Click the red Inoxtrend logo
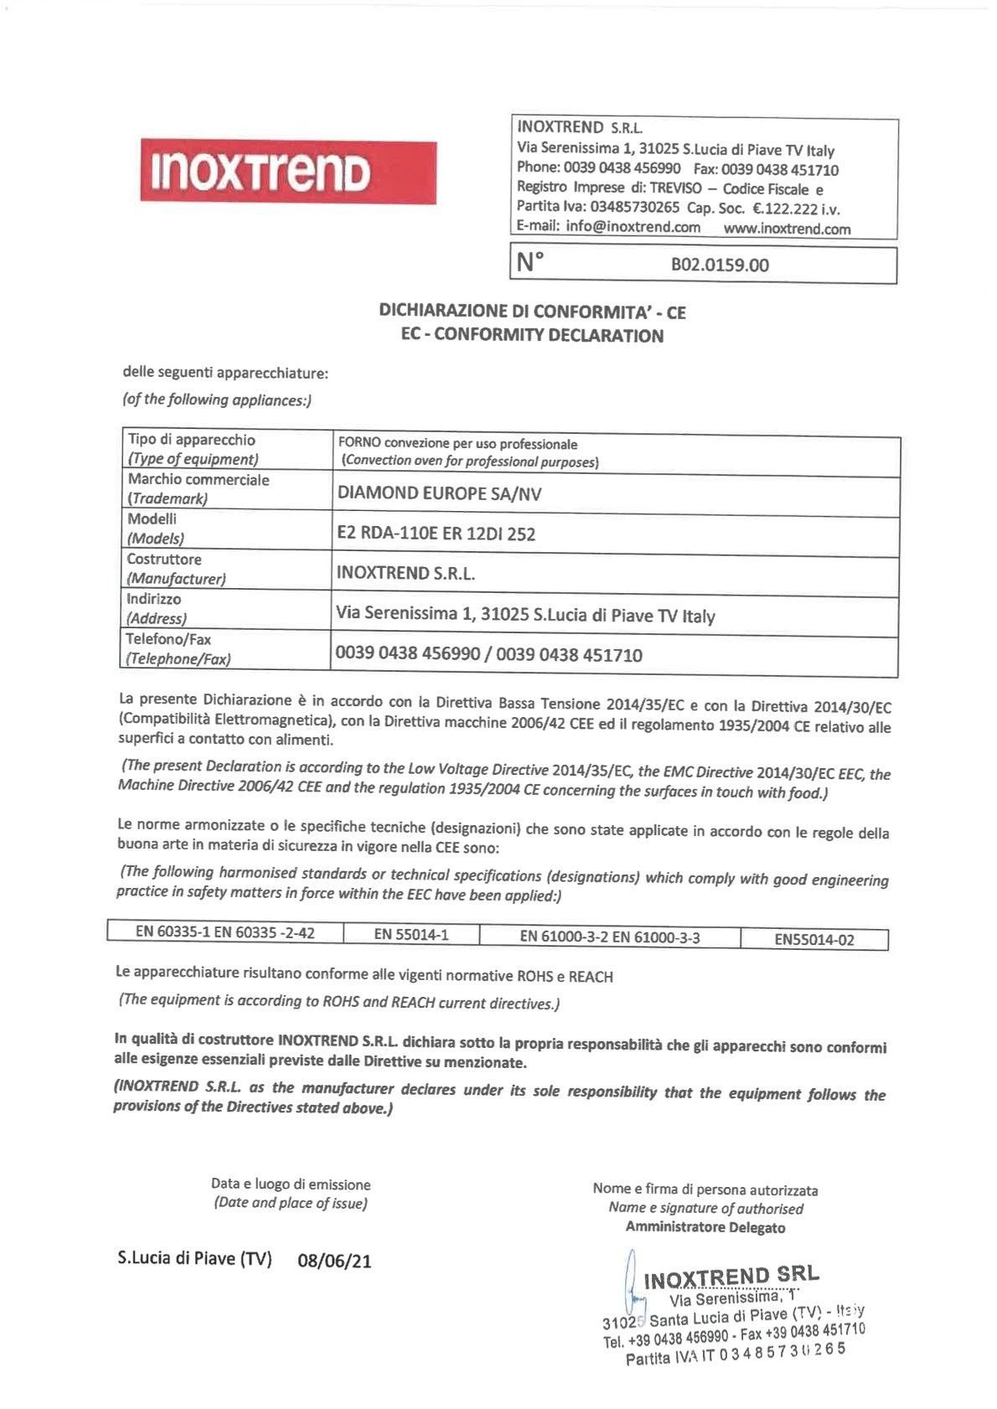(287, 171)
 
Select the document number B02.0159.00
(719, 266)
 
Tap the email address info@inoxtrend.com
(633, 227)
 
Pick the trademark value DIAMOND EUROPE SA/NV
(439, 493)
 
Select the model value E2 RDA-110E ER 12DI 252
(436, 534)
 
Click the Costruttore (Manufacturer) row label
(176, 569)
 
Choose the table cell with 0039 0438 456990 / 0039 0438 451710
(489, 654)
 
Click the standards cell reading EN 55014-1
(411, 934)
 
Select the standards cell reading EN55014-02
(814, 940)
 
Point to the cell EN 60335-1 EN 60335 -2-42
(225, 932)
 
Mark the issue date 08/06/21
(334, 1262)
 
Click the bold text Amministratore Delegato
(705, 1227)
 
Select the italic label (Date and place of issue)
(291, 1204)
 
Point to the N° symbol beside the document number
(529, 262)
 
